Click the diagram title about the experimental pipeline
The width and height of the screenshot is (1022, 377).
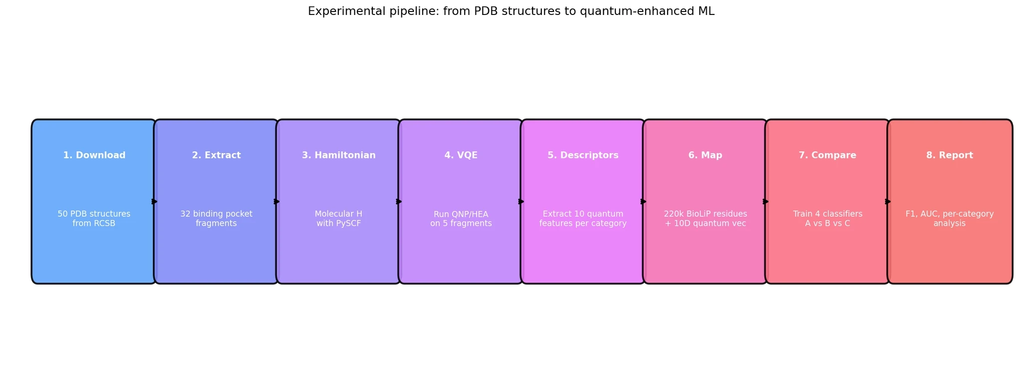511,11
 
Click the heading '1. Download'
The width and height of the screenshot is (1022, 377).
94,156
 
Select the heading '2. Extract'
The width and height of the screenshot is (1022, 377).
217,156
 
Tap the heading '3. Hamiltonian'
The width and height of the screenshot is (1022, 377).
339,156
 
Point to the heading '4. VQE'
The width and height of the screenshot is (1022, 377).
461,156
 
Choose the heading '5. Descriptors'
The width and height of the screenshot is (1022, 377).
583,156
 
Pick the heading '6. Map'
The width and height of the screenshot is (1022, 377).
705,156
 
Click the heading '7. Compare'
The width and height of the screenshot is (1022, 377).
827,156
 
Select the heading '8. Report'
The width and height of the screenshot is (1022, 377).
950,156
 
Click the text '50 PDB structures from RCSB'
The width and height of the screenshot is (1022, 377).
94,218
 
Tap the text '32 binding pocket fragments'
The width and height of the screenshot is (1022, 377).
217,218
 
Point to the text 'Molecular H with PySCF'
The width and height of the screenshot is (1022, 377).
339,218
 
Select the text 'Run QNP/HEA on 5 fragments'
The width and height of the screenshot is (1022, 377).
461,218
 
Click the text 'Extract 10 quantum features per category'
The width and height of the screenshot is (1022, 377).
583,218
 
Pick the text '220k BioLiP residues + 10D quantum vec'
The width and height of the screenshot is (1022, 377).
705,218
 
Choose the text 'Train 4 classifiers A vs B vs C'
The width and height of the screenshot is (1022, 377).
827,218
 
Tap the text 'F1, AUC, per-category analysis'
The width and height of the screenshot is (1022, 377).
950,218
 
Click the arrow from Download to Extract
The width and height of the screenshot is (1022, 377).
155,201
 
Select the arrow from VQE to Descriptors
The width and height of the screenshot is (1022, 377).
521,201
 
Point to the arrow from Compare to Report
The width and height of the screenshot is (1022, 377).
888,201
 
